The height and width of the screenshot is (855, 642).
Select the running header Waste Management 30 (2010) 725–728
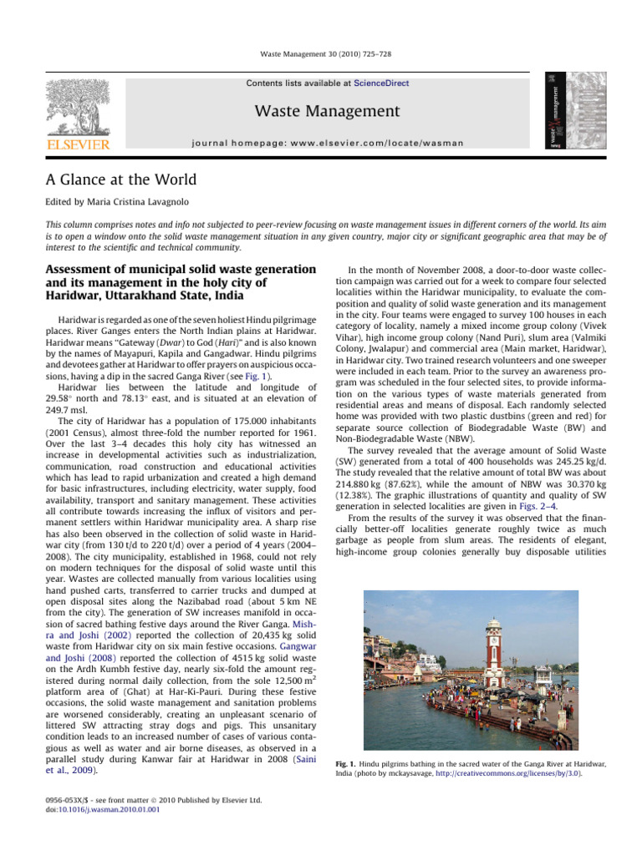[x=321, y=54]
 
